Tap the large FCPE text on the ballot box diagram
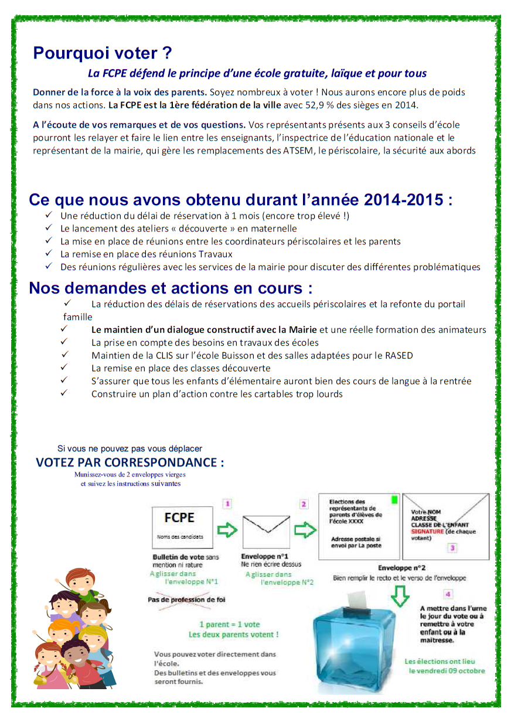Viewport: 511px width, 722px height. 179,517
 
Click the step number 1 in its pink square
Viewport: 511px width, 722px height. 228,503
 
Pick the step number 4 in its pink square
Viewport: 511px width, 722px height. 448,594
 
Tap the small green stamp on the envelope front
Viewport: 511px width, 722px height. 394,500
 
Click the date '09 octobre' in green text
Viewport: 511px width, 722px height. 466,670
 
